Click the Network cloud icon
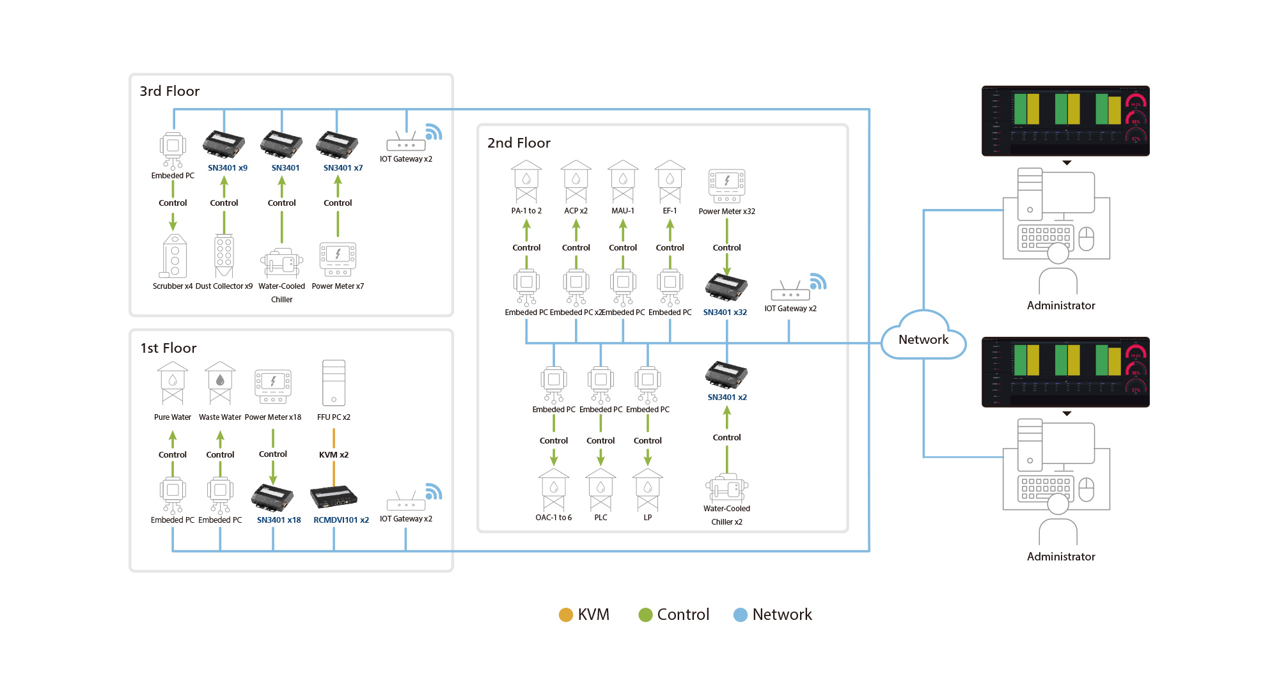tap(923, 336)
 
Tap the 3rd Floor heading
tap(169, 91)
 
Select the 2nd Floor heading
tap(519, 143)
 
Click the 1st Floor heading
tap(168, 348)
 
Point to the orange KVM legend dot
tap(565, 615)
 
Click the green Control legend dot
tap(645, 615)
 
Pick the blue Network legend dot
tap(740, 615)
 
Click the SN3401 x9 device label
tap(227, 168)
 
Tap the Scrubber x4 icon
tap(174, 256)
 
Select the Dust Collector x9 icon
tap(224, 256)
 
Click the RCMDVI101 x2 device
tap(333, 497)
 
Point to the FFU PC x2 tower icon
tap(334, 383)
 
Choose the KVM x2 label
tap(334, 455)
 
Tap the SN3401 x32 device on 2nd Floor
tap(726, 287)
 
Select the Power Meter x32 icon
tap(726, 185)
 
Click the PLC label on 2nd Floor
tap(600, 518)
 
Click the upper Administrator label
tap(1061, 305)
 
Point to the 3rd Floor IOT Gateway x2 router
tap(406, 142)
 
